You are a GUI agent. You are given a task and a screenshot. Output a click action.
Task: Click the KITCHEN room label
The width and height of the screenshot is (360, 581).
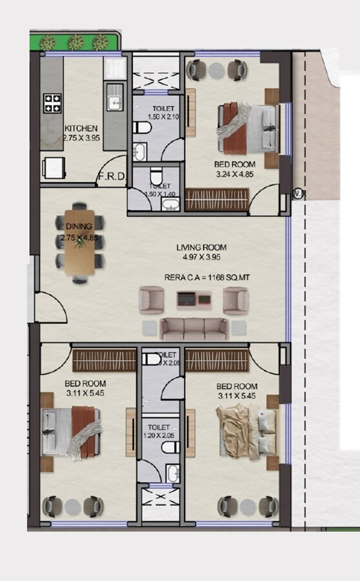(81, 128)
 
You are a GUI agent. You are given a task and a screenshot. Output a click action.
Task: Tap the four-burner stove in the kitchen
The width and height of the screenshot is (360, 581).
(52, 102)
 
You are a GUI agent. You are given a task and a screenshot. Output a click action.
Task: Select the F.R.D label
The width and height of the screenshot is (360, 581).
(111, 176)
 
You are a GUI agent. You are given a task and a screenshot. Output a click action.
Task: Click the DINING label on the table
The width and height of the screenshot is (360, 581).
(79, 227)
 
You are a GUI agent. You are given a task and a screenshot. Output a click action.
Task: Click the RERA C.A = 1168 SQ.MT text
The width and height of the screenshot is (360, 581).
(203, 279)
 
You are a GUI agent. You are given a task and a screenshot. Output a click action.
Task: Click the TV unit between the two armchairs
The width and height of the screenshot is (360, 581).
(194, 299)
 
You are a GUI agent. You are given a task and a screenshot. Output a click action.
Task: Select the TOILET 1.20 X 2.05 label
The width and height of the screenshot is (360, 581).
(157, 431)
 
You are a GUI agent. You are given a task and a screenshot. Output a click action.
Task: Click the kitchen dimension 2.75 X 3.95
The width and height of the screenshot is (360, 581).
(81, 138)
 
